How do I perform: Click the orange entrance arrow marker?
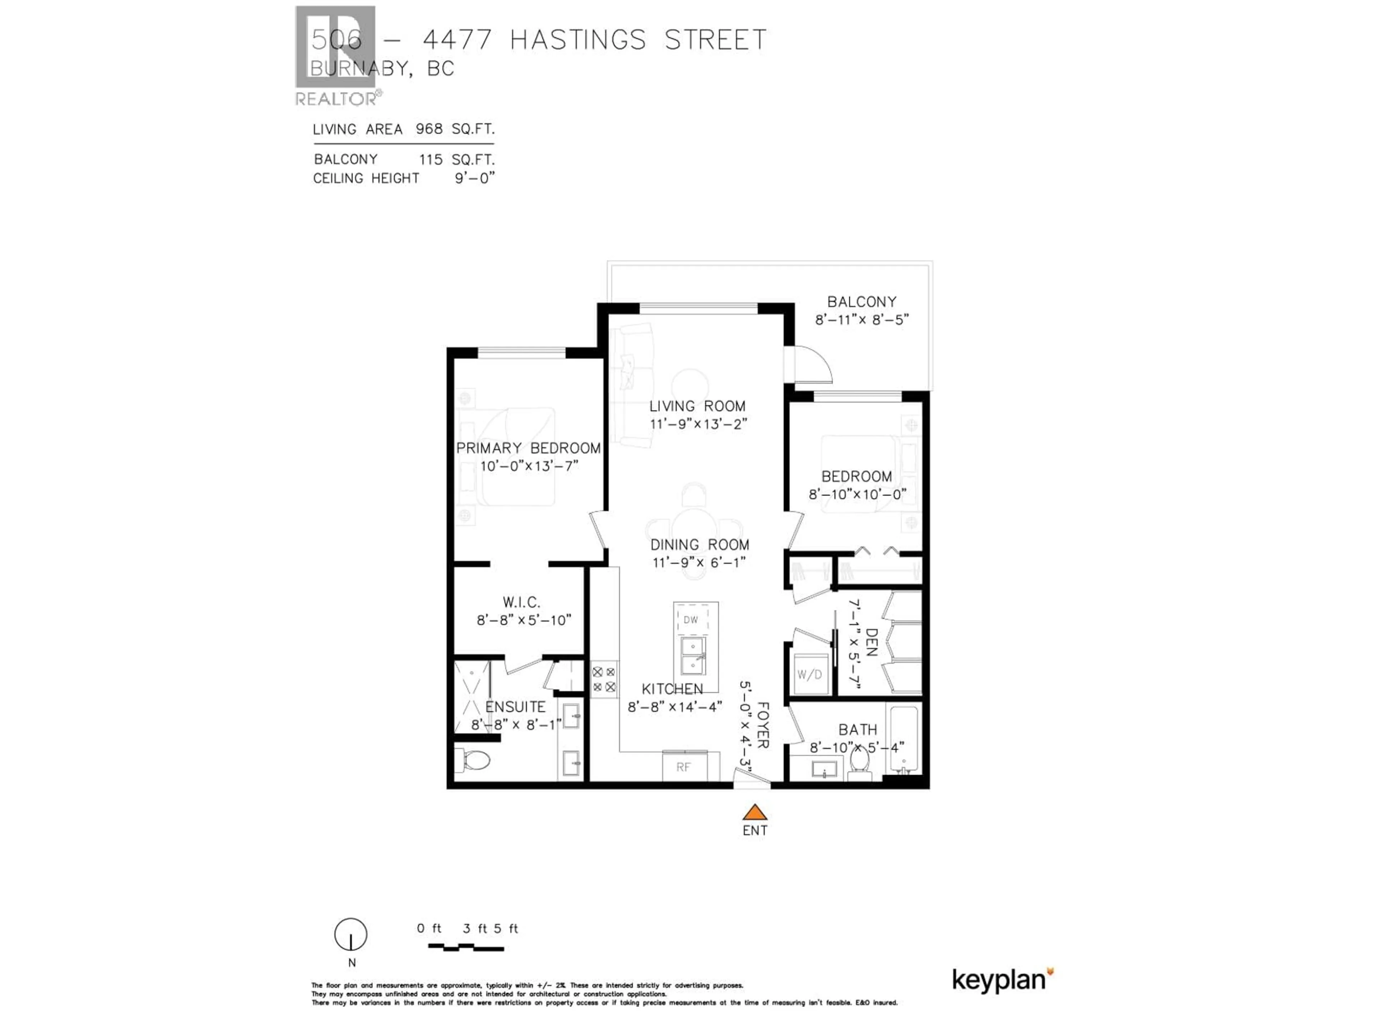pos(754,812)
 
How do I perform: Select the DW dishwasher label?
pos(691,620)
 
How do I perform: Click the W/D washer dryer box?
pos(809,674)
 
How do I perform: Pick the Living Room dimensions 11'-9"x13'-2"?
pos(698,424)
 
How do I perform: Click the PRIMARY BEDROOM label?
pos(528,448)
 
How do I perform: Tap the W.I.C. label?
pos(521,602)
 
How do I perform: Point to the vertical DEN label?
pos(872,643)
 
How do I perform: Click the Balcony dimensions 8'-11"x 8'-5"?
pos(862,320)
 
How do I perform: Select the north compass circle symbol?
pos(351,934)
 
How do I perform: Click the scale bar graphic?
pos(466,947)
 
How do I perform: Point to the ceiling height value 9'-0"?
pos(474,178)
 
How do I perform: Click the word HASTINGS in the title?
pos(578,40)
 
